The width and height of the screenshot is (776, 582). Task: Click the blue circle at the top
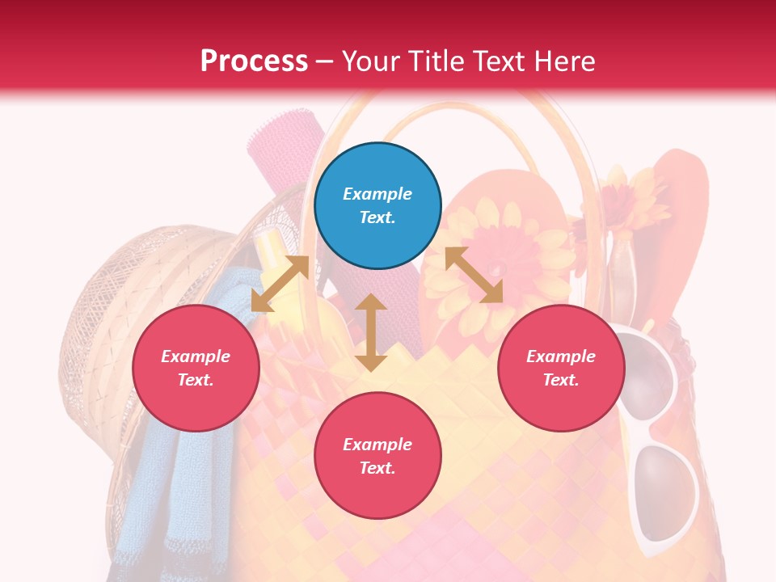[x=377, y=205]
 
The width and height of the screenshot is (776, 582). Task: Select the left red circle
[x=196, y=368]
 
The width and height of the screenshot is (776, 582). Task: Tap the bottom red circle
[x=377, y=455]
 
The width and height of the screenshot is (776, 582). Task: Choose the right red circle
[x=560, y=368]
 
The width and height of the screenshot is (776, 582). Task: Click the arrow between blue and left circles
[x=280, y=284]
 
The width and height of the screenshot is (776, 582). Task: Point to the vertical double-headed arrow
[x=371, y=332]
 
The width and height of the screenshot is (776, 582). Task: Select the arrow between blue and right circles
[x=474, y=275]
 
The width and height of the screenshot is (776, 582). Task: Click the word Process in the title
[x=254, y=61]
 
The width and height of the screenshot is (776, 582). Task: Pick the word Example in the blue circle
[x=377, y=194]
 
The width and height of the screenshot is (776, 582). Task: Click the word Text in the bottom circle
[x=377, y=468]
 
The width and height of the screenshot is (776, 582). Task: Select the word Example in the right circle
[x=560, y=356]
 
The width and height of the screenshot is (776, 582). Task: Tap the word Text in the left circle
[x=196, y=380]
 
